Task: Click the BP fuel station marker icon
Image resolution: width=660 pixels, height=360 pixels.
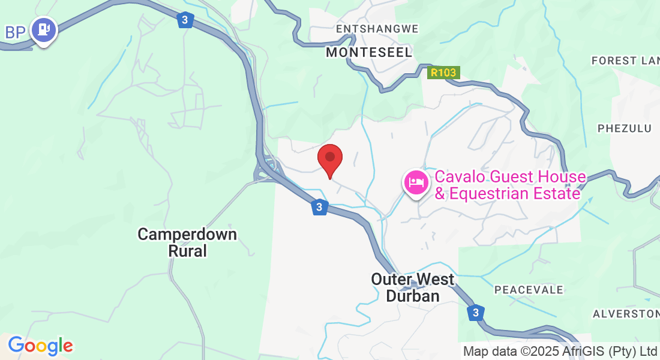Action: point(43,29)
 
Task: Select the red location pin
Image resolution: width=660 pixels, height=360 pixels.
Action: point(329,158)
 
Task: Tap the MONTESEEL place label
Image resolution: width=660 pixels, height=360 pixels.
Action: point(369,53)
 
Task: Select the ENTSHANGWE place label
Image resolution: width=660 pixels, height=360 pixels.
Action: point(377,29)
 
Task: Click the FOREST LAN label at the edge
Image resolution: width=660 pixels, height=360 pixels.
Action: point(624,61)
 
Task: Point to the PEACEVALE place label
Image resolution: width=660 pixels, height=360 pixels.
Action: point(529,290)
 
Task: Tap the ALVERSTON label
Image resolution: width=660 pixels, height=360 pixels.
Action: point(626,314)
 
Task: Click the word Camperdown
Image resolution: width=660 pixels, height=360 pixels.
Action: point(187,234)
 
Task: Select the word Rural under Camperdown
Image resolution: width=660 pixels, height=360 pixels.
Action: point(187,251)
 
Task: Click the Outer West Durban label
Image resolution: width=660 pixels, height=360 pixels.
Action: point(413,287)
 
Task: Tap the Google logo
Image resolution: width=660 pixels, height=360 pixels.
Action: point(40,346)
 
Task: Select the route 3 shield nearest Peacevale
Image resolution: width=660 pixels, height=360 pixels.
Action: point(475,313)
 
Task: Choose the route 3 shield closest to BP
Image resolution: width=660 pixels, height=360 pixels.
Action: point(185,20)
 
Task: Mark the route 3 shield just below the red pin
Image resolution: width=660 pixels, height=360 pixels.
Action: point(319,208)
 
